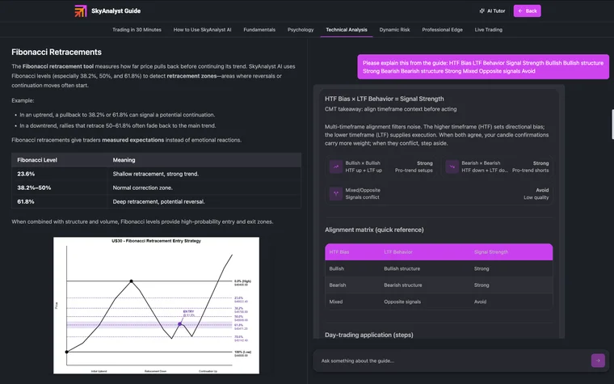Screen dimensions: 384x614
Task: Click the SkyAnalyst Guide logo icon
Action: pyautogui.click(x=81, y=11)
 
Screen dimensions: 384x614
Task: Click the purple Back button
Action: pyautogui.click(x=527, y=11)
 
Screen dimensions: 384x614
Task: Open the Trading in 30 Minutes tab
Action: pyautogui.click(x=137, y=30)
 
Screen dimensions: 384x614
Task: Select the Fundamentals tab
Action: pyautogui.click(x=259, y=30)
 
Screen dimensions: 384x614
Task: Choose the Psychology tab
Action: pyautogui.click(x=301, y=30)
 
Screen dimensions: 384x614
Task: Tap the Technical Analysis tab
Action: pyautogui.click(x=347, y=30)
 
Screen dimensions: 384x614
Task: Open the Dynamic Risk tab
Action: pyautogui.click(x=394, y=30)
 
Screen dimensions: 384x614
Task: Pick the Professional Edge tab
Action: pyautogui.click(x=442, y=30)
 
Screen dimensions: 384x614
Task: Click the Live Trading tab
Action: pyautogui.click(x=488, y=30)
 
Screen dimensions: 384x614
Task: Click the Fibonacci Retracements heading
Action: pyautogui.click(x=57, y=52)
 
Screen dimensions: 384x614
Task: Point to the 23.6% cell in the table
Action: pyautogui.click(x=27, y=174)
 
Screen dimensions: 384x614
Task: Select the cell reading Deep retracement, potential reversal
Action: pyautogui.click(x=158, y=201)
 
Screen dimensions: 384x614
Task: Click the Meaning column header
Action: pyautogui.click(x=124, y=160)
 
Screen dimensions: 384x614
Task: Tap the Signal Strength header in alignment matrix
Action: pyautogui.click(x=491, y=252)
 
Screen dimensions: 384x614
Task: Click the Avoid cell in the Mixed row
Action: pyautogui.click(x=481, y=302)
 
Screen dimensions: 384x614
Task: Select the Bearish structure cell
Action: pyautogui.click(x=402, y=285)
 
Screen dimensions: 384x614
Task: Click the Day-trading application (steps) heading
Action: pyautogui.click(x=368, y=335)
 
